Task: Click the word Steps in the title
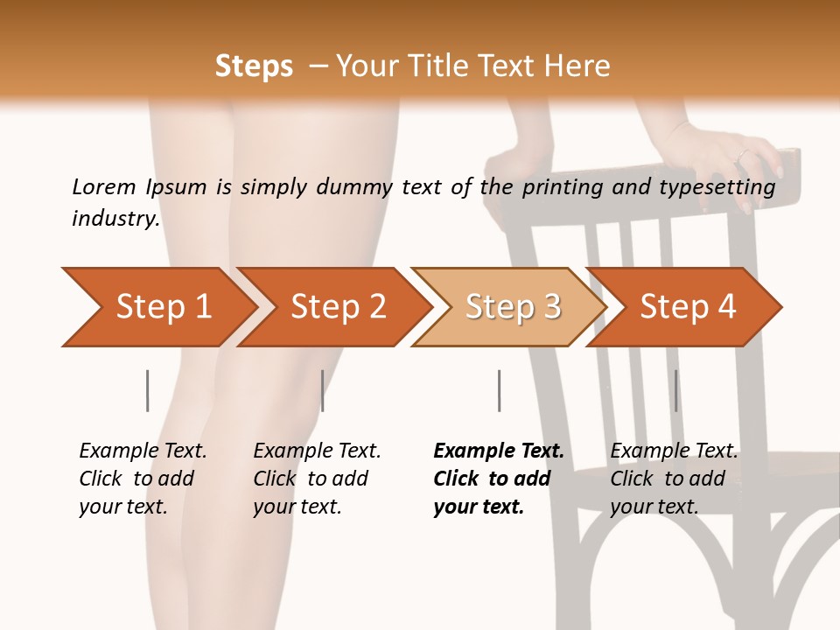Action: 254,66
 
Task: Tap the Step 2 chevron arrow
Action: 334,307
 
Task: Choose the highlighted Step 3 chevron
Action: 509,307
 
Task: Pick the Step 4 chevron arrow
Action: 684,307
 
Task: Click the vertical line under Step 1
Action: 147,390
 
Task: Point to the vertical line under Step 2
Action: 322,390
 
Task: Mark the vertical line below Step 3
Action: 499,390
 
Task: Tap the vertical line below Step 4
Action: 675,390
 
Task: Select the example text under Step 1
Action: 143,479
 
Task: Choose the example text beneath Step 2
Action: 317,479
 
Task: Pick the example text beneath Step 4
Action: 674,479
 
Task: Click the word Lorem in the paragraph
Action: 104,187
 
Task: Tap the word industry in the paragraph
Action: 116,219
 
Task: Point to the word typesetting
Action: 717,188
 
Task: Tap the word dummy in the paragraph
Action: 354,188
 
